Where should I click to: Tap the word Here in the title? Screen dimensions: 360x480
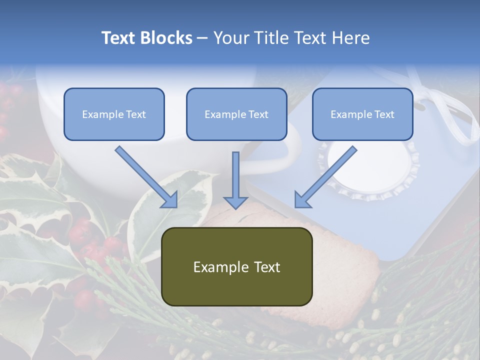(x=350, y=38)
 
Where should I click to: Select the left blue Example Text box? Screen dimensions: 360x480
(x=114, y=114)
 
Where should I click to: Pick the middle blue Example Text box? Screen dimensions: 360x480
(x=236, y=114)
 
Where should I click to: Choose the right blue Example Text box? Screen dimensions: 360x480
(x=362, y=114)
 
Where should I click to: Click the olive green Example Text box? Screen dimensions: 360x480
(x=236, y=266)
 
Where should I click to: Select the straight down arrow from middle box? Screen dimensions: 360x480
(x=235, y=180)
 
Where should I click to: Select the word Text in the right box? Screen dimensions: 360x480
(x=384, y=114)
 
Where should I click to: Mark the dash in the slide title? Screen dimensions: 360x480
(x=202, y=38)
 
